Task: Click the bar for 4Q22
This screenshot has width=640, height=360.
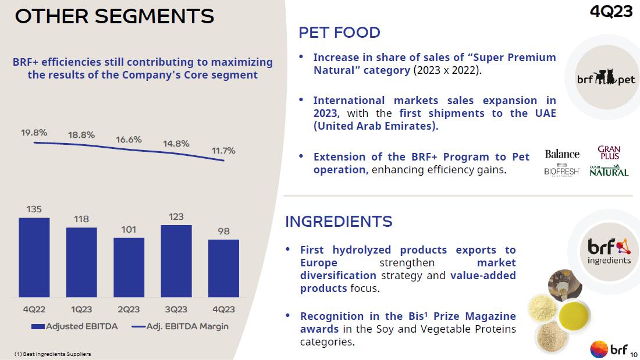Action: (34, 257)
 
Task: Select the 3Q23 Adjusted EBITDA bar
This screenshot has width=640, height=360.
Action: (176, 261)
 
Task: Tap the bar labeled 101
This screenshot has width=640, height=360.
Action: (129, 267)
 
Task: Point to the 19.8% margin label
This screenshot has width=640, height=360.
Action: (34, 133)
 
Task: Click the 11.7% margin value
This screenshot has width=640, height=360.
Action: (223, 151)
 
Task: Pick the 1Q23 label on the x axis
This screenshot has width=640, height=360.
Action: (81, 309)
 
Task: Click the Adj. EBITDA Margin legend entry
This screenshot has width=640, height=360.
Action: (180, 326)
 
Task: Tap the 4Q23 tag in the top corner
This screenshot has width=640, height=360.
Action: (611, 12)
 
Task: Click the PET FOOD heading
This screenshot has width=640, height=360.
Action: (339, 33)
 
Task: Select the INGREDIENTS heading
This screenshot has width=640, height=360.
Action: (339, 222)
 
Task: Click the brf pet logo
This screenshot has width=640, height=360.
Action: (606, 78)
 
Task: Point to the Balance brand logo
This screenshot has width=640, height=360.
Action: (562, 154)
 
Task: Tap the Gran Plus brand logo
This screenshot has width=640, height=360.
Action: (609, 153)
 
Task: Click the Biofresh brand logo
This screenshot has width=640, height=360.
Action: (561, 171)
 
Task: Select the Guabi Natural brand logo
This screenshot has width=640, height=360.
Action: (609, 171)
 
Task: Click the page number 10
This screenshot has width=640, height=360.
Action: (634, 353)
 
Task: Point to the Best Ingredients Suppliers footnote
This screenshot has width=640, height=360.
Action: (52, 354)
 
